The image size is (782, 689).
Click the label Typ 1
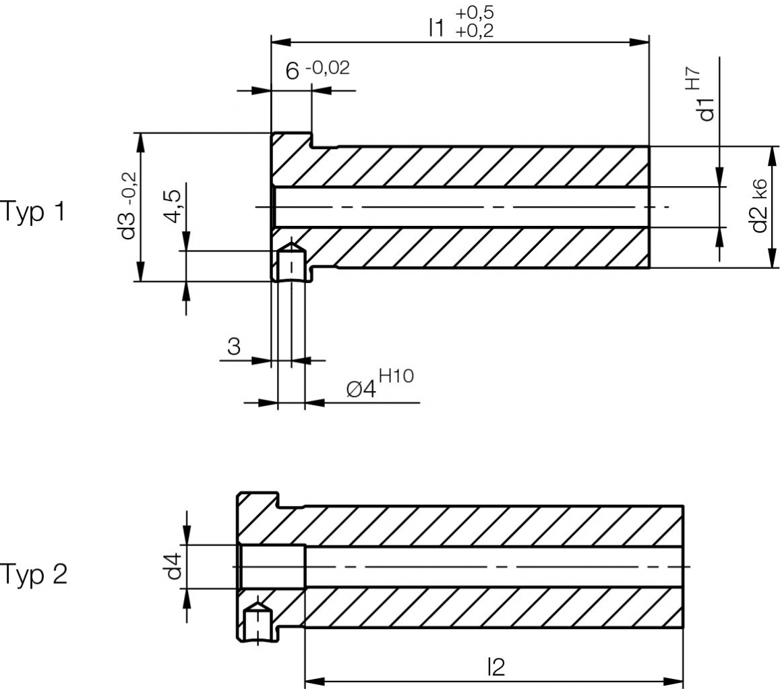click(x=33, y=212)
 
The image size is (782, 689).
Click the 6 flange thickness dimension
click(x=291, y=72)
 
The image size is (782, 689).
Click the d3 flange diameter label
click(x=127, y=224)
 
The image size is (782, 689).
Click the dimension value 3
click(x=234, y=347)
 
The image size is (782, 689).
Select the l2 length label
click(x=495, y=667)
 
